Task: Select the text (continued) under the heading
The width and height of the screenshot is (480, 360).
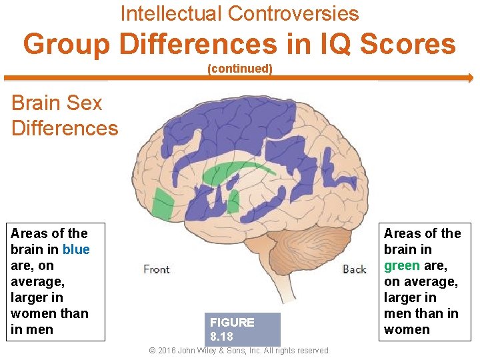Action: click(240, 69)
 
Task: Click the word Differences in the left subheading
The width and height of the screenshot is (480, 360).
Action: click(65, 127)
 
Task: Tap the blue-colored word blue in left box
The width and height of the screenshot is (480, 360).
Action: click(76, 249)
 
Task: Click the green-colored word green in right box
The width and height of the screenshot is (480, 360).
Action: click(402, 265)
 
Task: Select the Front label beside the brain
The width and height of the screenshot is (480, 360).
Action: click(157, 269)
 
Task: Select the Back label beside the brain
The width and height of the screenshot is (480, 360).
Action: click(354, 269)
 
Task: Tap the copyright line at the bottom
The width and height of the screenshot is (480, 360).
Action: click(239, 350)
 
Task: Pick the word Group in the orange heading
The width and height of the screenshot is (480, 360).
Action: click(67, 44)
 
